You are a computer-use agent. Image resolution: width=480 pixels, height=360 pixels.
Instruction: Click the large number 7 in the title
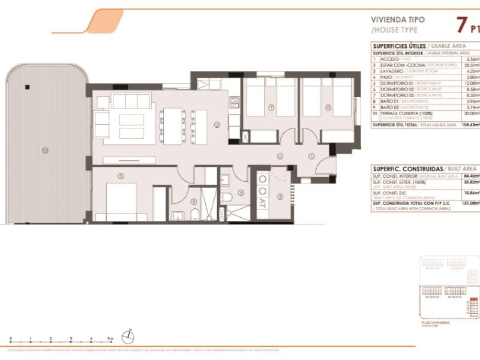pyautogui.click(x=461, y=25)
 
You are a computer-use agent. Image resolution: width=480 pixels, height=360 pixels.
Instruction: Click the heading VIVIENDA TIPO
pyautogui.click(x=398, y=19)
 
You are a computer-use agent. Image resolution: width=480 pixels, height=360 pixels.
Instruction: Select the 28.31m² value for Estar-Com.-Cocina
pyautogui.click(x=470, y=65)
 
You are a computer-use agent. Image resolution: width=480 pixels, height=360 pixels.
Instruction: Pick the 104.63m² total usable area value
pyautogui.click(x=468, y=124)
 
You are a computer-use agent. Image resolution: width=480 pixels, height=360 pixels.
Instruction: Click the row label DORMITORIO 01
pyautogui.click(x=391, y=83)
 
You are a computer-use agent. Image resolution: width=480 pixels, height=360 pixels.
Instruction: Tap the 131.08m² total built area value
pyautogui.click(x=469, y=204)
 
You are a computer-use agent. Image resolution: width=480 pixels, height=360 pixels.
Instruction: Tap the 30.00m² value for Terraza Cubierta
pyautogui.click(x=469, y=113)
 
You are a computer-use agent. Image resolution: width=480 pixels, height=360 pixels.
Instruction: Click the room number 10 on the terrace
pyautogui.click(x=44, y=150)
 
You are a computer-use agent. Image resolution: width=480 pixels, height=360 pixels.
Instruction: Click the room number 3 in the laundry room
pyautogui.click(x=280, y=196)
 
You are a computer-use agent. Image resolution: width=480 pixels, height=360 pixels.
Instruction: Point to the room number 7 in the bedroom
pyautogui.click(x=271, y=108)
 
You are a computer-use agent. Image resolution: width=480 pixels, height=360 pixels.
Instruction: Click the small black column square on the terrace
pyautogui.click(x=27, y=88)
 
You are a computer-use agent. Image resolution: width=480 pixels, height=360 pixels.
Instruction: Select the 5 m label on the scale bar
pyautogui.click(x=110, y=339)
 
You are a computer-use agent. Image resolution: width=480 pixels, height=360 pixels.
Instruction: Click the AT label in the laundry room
pyautogui.click(x=262, y=205)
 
